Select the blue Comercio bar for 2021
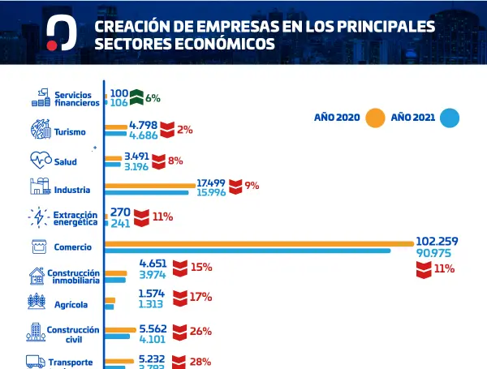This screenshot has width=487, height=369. click(x=248, y=251)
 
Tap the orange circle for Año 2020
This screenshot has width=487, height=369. click(x=374, y=118)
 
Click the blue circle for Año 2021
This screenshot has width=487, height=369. click(x=450, y=118)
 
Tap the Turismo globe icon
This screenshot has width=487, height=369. click(x=40, y=130)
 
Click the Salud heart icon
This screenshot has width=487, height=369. click(x=40, y=159)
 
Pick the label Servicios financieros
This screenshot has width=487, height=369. click(x=77, y=98)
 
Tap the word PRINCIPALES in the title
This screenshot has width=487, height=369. click(x=381, y=26)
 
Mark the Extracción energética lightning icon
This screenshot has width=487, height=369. click(x=39, y=217)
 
